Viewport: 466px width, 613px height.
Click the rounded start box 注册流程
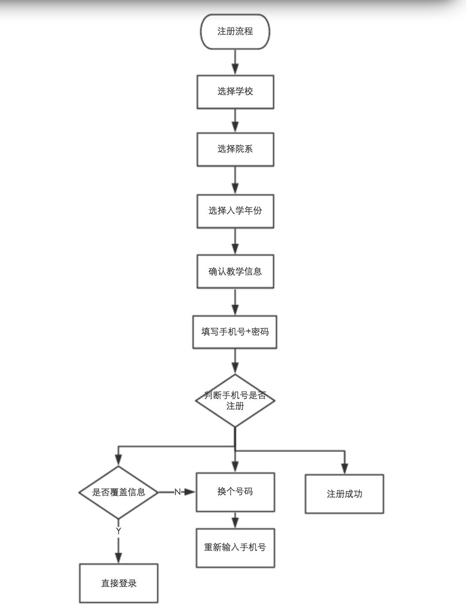235,32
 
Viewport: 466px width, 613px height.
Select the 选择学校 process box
235,92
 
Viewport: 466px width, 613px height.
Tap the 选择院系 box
235,149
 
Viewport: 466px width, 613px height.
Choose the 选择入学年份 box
235,211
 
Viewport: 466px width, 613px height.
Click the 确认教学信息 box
235,272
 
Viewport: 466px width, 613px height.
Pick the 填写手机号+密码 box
235,332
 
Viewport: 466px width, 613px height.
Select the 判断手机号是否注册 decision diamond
235,401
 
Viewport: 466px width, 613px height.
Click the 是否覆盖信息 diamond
118,492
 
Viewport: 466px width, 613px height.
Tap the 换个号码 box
235,492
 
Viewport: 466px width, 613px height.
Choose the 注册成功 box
344,494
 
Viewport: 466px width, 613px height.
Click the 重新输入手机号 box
235,548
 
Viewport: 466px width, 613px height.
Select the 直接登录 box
118,583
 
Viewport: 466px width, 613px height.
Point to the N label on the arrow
177,492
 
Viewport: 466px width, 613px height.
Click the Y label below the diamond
118,531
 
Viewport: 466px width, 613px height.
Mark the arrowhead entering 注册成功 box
344,469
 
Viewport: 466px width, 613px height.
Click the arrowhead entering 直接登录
118,558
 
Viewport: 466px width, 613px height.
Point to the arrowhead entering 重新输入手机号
235,523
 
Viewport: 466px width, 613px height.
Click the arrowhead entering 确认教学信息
235,249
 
